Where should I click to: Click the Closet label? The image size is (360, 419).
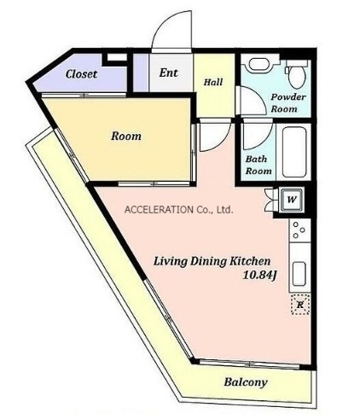pyautogui.click(x=81, y=74)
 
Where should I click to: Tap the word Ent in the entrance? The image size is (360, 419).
pyautogui.click(x=168, y=73)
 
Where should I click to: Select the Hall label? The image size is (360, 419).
pyautogui.click(x=213, y=82)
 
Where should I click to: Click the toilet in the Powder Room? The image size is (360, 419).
pyautogui.click(x=297, y=73)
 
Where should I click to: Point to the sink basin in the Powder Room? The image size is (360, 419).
pyautogui.click(x=258, y=65)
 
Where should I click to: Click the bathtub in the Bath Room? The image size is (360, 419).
pyautogui.click(x=294, y=152)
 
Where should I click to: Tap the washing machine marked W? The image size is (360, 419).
pyautogui.click(x=291, y=200)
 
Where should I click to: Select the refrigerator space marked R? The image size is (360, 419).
pyautogui.click(x=300, y=305)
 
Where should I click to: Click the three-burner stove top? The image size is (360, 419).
pyautogui.click(x=299, y=230)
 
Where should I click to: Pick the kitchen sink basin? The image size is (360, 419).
pyautogui.click(x=299, y=273)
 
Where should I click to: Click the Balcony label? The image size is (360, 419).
pyautogui.click(x=246, y=382)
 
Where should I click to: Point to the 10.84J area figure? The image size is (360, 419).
pyautogui.click(x=259, y=275)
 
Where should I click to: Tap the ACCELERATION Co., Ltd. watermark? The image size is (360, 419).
pyautogui.click(x=179, y=210)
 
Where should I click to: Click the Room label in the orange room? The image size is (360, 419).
pyautogui.click(x=126, y=136)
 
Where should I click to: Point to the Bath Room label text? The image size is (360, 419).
pyautogui.click(x=258, y=165)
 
